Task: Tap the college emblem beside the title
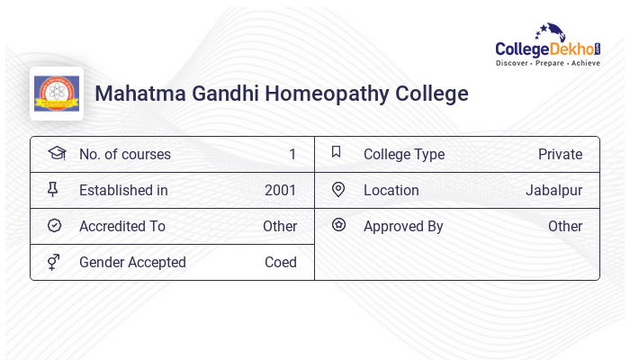tap(57, 94)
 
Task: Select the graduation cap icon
tap(56, 154)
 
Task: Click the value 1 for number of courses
tap(292, 155)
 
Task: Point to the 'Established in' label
tap(123, 191)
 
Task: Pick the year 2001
tap(280, 191)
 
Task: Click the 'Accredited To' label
tap(122, 227)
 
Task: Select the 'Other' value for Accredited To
tap(280, 227)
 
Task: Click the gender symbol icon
tap(55, 262)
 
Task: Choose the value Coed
tap(280, 263)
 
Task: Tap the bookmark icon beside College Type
tap(337, 153)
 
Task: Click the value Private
tap(560, 155)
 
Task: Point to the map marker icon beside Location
tap(338, 190)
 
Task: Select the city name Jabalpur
tap(553, 191)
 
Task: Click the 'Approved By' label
tap(403, 227)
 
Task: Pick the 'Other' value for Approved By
tap(565, 227)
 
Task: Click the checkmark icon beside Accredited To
tap(55, 226)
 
